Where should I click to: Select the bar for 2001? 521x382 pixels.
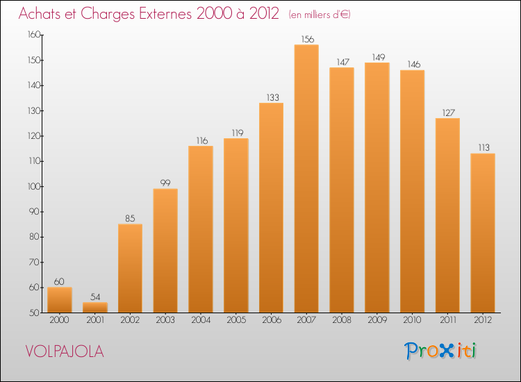[95, 307]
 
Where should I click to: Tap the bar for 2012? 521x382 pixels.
[483, 233]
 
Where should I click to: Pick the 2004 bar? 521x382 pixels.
[201, 229]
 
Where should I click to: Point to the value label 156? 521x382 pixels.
[306, 39]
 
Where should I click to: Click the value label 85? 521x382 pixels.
[130, 218]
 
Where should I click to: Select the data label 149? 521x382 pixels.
[377, 57]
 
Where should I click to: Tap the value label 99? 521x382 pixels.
[165, 183]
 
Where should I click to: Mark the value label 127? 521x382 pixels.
[447, 113]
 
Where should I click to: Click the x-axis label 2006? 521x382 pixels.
[271, 321]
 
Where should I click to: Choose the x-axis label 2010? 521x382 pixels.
[412, 321]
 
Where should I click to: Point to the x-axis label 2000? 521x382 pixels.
[60, 321]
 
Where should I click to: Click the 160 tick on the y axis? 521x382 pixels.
[31, 35]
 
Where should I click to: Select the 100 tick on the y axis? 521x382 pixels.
[31, 186]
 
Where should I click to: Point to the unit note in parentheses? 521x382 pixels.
[320, 15]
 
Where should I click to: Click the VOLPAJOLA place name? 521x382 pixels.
[65, 351]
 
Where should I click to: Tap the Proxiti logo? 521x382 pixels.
[441, 351]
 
